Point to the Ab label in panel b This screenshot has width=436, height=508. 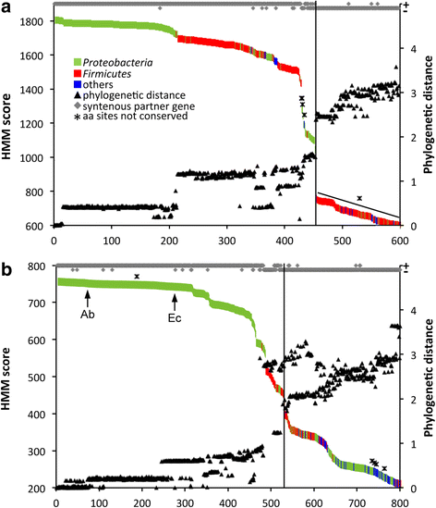pyautogui.click(x=87, y=314)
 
